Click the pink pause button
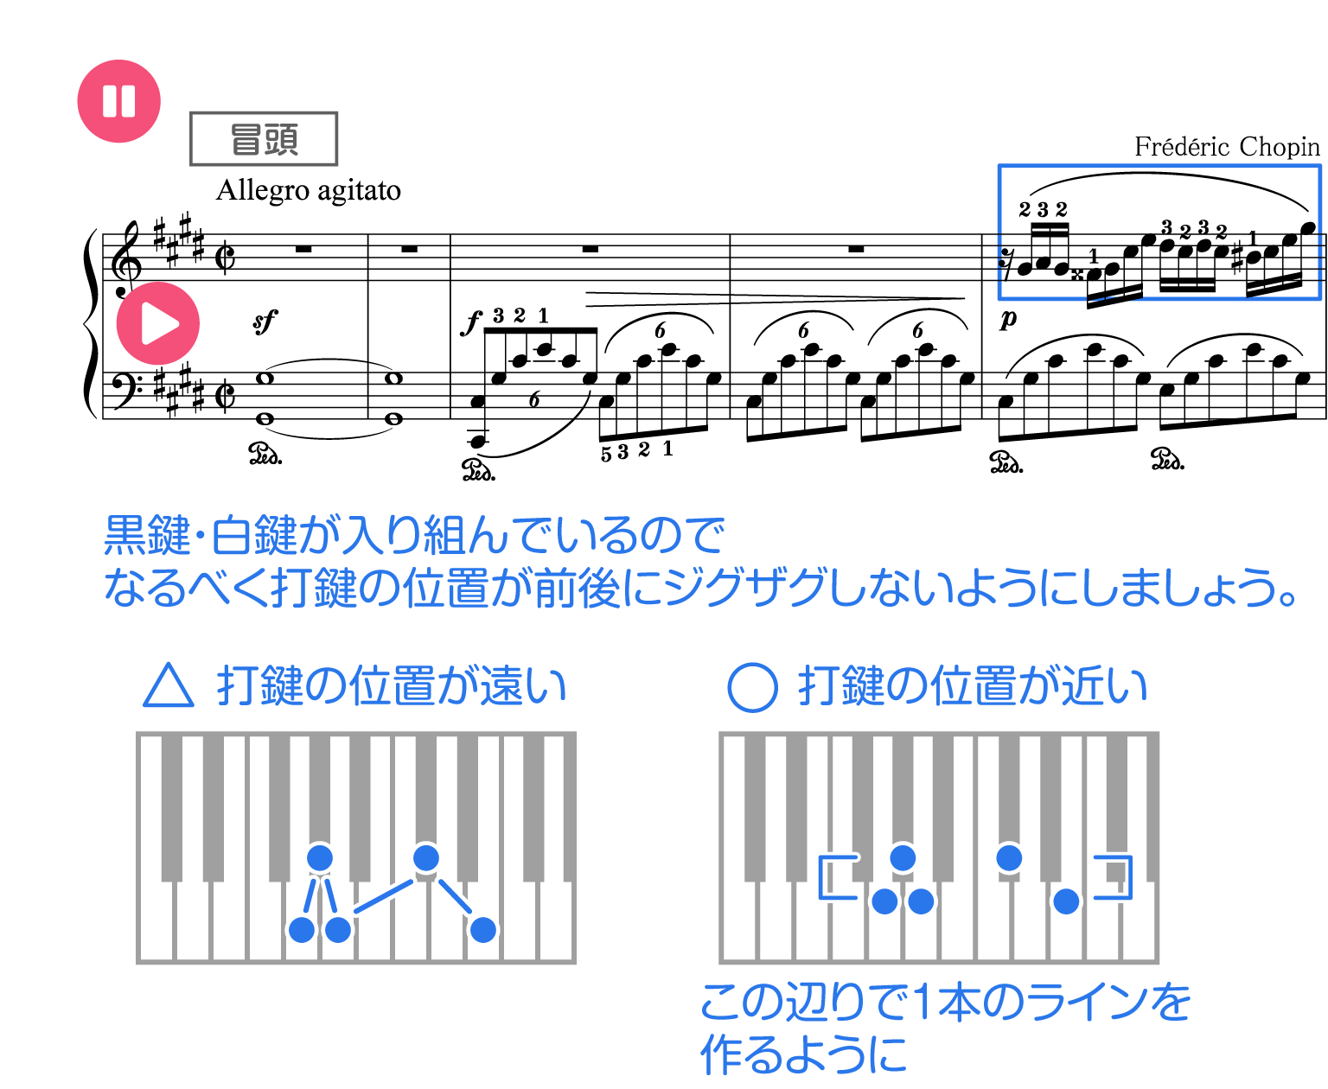tap(119, 101)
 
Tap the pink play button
tap(158, 323)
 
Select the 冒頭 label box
tap(264, 138)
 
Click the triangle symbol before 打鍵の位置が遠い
tap(169, 686)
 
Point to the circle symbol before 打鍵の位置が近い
tap(752, 687)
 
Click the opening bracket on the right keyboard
tap(834, 877)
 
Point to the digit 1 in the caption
tap(922, 1003)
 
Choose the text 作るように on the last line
tap(804, 1054)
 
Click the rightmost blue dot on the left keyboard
tap(482, 930)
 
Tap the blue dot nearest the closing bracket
tap(1066, 901)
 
